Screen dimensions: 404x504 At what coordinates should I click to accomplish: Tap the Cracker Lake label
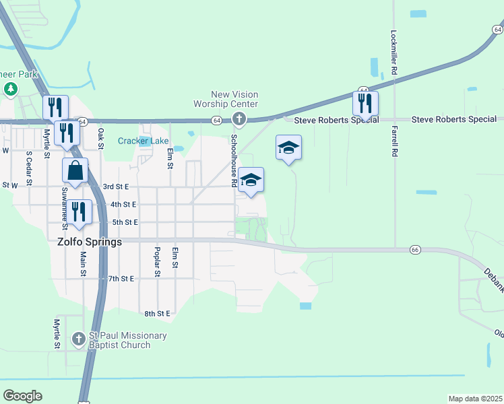(144, 141)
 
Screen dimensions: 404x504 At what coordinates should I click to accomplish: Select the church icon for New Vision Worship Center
(238, 120)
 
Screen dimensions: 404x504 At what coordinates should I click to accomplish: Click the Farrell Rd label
(393, 141)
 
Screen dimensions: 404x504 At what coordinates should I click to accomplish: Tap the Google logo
(22, 396)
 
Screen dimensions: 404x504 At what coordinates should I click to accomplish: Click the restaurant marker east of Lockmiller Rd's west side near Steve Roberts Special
(365, 103)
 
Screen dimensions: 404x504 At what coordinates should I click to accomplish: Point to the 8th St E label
(158, 314)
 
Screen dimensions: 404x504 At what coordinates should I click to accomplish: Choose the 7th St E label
(121, 278)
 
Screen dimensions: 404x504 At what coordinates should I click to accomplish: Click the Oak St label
(101, 138)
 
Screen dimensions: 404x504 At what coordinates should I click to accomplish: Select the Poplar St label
(157, 262)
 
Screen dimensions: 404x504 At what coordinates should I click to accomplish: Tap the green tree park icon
(10, 89)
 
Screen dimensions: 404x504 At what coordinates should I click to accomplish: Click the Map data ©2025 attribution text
(474, 399)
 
